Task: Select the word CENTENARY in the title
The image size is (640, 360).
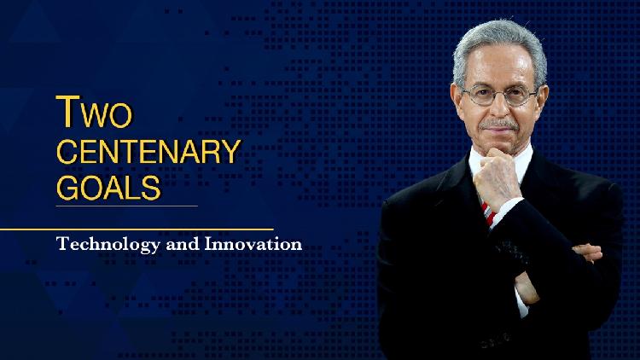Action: point(147,152)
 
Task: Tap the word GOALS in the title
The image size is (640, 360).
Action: point(108,187)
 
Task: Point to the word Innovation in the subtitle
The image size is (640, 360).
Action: point(253,244)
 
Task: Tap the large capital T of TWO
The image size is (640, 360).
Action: point(66,112)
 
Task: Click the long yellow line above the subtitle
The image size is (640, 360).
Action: point(137,229)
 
